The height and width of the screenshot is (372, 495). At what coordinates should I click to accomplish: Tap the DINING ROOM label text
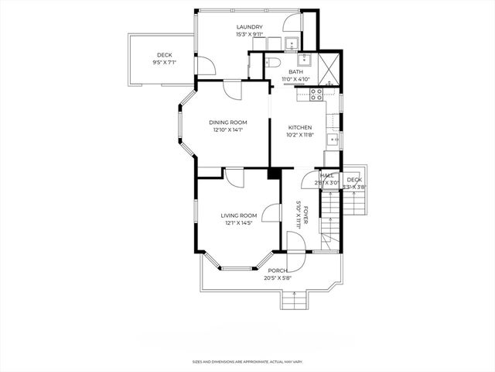coord(228,122)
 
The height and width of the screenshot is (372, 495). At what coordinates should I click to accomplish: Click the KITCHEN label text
coord(300,127)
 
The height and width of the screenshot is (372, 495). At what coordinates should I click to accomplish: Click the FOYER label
coord(306,213)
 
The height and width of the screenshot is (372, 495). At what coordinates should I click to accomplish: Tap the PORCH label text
coord(277,270)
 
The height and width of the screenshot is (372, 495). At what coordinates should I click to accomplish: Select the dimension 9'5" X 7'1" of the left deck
coord(164,62)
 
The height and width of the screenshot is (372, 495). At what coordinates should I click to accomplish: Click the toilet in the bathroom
coord(273,64)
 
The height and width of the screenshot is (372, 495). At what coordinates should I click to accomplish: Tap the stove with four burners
coord(316,94)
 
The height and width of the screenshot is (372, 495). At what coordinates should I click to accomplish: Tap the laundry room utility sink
coord(292,43)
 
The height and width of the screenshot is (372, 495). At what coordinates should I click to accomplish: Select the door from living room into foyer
coord(270,214)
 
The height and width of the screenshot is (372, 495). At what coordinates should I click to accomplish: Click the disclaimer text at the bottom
coord(247,360)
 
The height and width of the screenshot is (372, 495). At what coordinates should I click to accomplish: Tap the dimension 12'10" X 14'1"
coord(228,130)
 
